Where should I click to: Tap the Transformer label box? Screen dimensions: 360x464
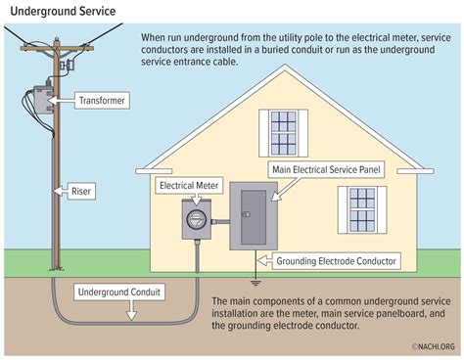tap(101, 100)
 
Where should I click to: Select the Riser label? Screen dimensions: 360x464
tap(83, 191)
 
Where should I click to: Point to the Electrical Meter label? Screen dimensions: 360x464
tap(190, 183)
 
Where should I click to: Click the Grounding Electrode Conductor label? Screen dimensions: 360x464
tap(338, 262)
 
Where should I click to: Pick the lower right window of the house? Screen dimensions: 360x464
tap(357, 208)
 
